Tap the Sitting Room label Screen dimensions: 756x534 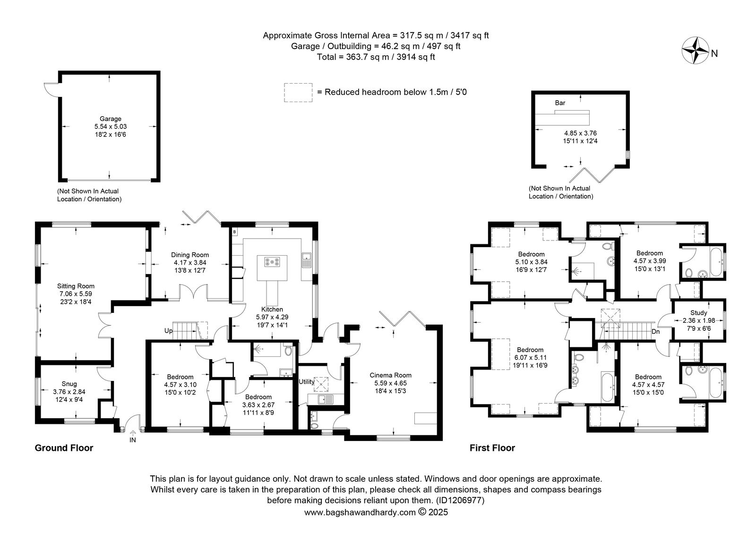click(x=76, y=286)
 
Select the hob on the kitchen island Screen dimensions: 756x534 click(x=272, y=262)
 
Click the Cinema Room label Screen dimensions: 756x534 click(x=390, y=375)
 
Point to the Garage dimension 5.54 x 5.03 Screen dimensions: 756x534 click(x=111, y=127)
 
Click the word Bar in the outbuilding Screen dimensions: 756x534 click(x=560, y=103)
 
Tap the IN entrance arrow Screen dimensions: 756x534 click(x=133, y=432)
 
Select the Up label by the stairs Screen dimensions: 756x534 click(x=168, y=331)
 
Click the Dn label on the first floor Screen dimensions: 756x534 click(x=656, y=332)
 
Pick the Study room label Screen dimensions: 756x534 click(x=698, y=313)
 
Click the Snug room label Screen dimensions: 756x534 click(x=69, y=384)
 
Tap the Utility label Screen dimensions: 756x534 click(x=307, y=382)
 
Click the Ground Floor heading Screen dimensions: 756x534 click(x=64, y=448)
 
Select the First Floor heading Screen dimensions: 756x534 click(x=492, y=448)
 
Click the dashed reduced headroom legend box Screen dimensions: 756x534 click(x=298, y=93)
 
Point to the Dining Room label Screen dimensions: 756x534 click(x=190, y=255)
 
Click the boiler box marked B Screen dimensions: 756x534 click(x=234, y=232)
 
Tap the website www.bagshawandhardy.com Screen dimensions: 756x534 click(x=360, y=512)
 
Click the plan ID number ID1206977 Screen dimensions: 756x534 click(x=460, y=500)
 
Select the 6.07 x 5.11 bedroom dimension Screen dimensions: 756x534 click(x=530, y=357)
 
